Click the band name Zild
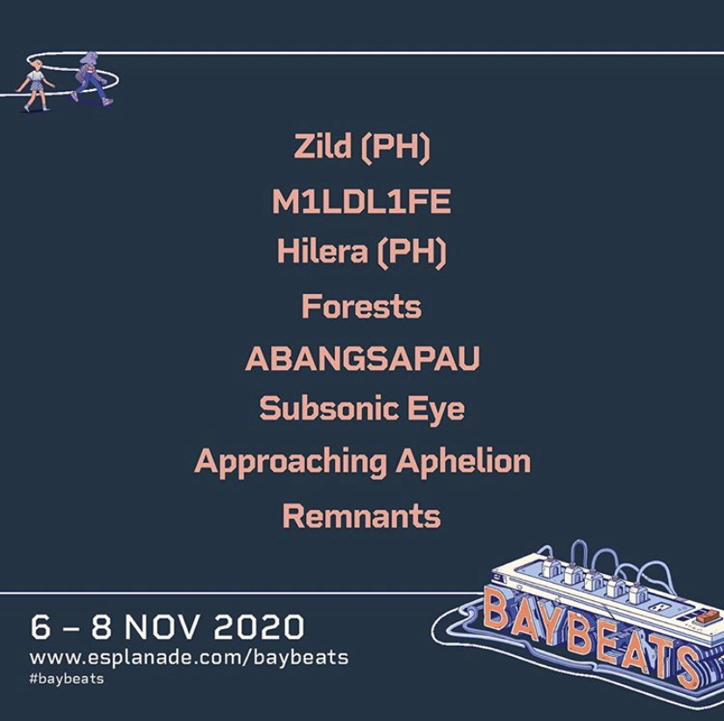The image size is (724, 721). tap(323, 145)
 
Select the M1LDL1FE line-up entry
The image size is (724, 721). tap(361, 201)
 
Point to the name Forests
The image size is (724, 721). tap(361, 306)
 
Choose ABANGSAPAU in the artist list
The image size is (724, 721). tap(363, 358)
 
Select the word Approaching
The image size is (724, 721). tap(291, 462)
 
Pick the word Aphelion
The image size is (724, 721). tap(463, 461)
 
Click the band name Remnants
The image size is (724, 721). tap(361, 516)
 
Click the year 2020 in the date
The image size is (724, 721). tap(259, 626)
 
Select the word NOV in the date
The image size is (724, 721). tap(164, 626)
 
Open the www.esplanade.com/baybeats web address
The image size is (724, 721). tap(189, 658)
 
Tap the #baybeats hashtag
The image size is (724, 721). tap(66, 679)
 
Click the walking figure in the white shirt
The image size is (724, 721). tap(35, 85)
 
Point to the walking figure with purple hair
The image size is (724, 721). tap(92, 78)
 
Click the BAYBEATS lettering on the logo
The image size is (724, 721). tap(592, 638)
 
